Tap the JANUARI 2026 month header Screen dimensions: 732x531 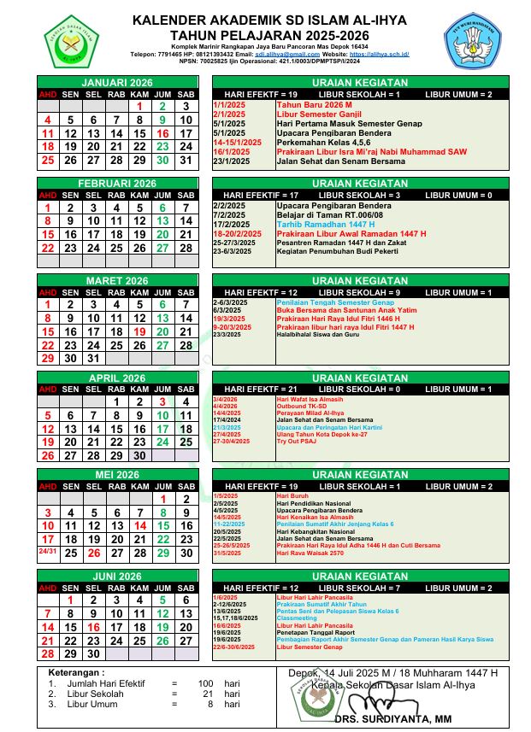[117, 82]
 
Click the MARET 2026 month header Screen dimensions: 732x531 [117, 281]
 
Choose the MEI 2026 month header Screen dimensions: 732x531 [117, 475]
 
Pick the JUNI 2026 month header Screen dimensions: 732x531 [117, 577]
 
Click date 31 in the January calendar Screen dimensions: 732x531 [186, 160]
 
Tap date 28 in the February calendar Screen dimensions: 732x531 [186, 248]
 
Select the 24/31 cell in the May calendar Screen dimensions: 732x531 [48, 552]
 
